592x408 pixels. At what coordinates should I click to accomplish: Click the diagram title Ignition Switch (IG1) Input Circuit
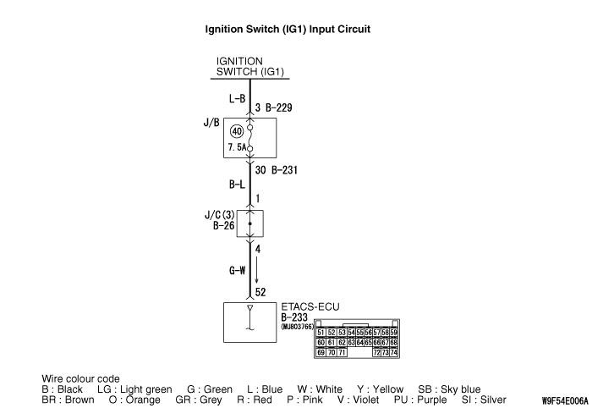coord(288,29)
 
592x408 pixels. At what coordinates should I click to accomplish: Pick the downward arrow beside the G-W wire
coord(257,271)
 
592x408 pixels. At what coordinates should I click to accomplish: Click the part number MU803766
coord(298,325)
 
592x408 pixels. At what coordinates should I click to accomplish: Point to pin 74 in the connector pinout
coord(393,351)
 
